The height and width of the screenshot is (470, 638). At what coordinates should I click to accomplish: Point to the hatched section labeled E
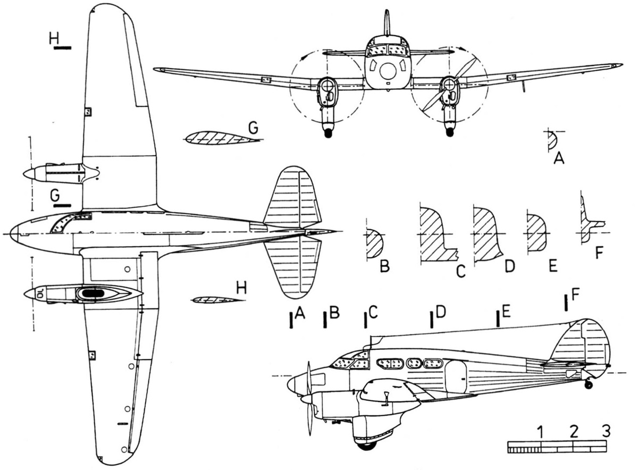point(536,233)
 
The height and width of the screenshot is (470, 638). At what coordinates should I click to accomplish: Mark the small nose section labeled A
point(552,140)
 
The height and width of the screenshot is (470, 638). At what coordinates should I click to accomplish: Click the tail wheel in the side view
point(589,385)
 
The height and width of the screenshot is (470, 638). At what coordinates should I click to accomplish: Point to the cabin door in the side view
point(456,376)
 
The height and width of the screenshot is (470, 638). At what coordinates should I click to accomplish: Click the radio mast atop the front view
point(387,23)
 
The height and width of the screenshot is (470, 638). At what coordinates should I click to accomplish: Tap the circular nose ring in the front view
point(388,71)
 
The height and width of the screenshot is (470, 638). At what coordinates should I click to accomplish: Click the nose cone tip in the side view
point(288,384)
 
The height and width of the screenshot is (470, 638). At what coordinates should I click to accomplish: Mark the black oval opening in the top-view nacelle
point(93,293)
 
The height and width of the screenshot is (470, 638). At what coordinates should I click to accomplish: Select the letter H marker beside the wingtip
point(54,38)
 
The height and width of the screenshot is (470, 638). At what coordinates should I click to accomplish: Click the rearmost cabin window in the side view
point(433,364)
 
